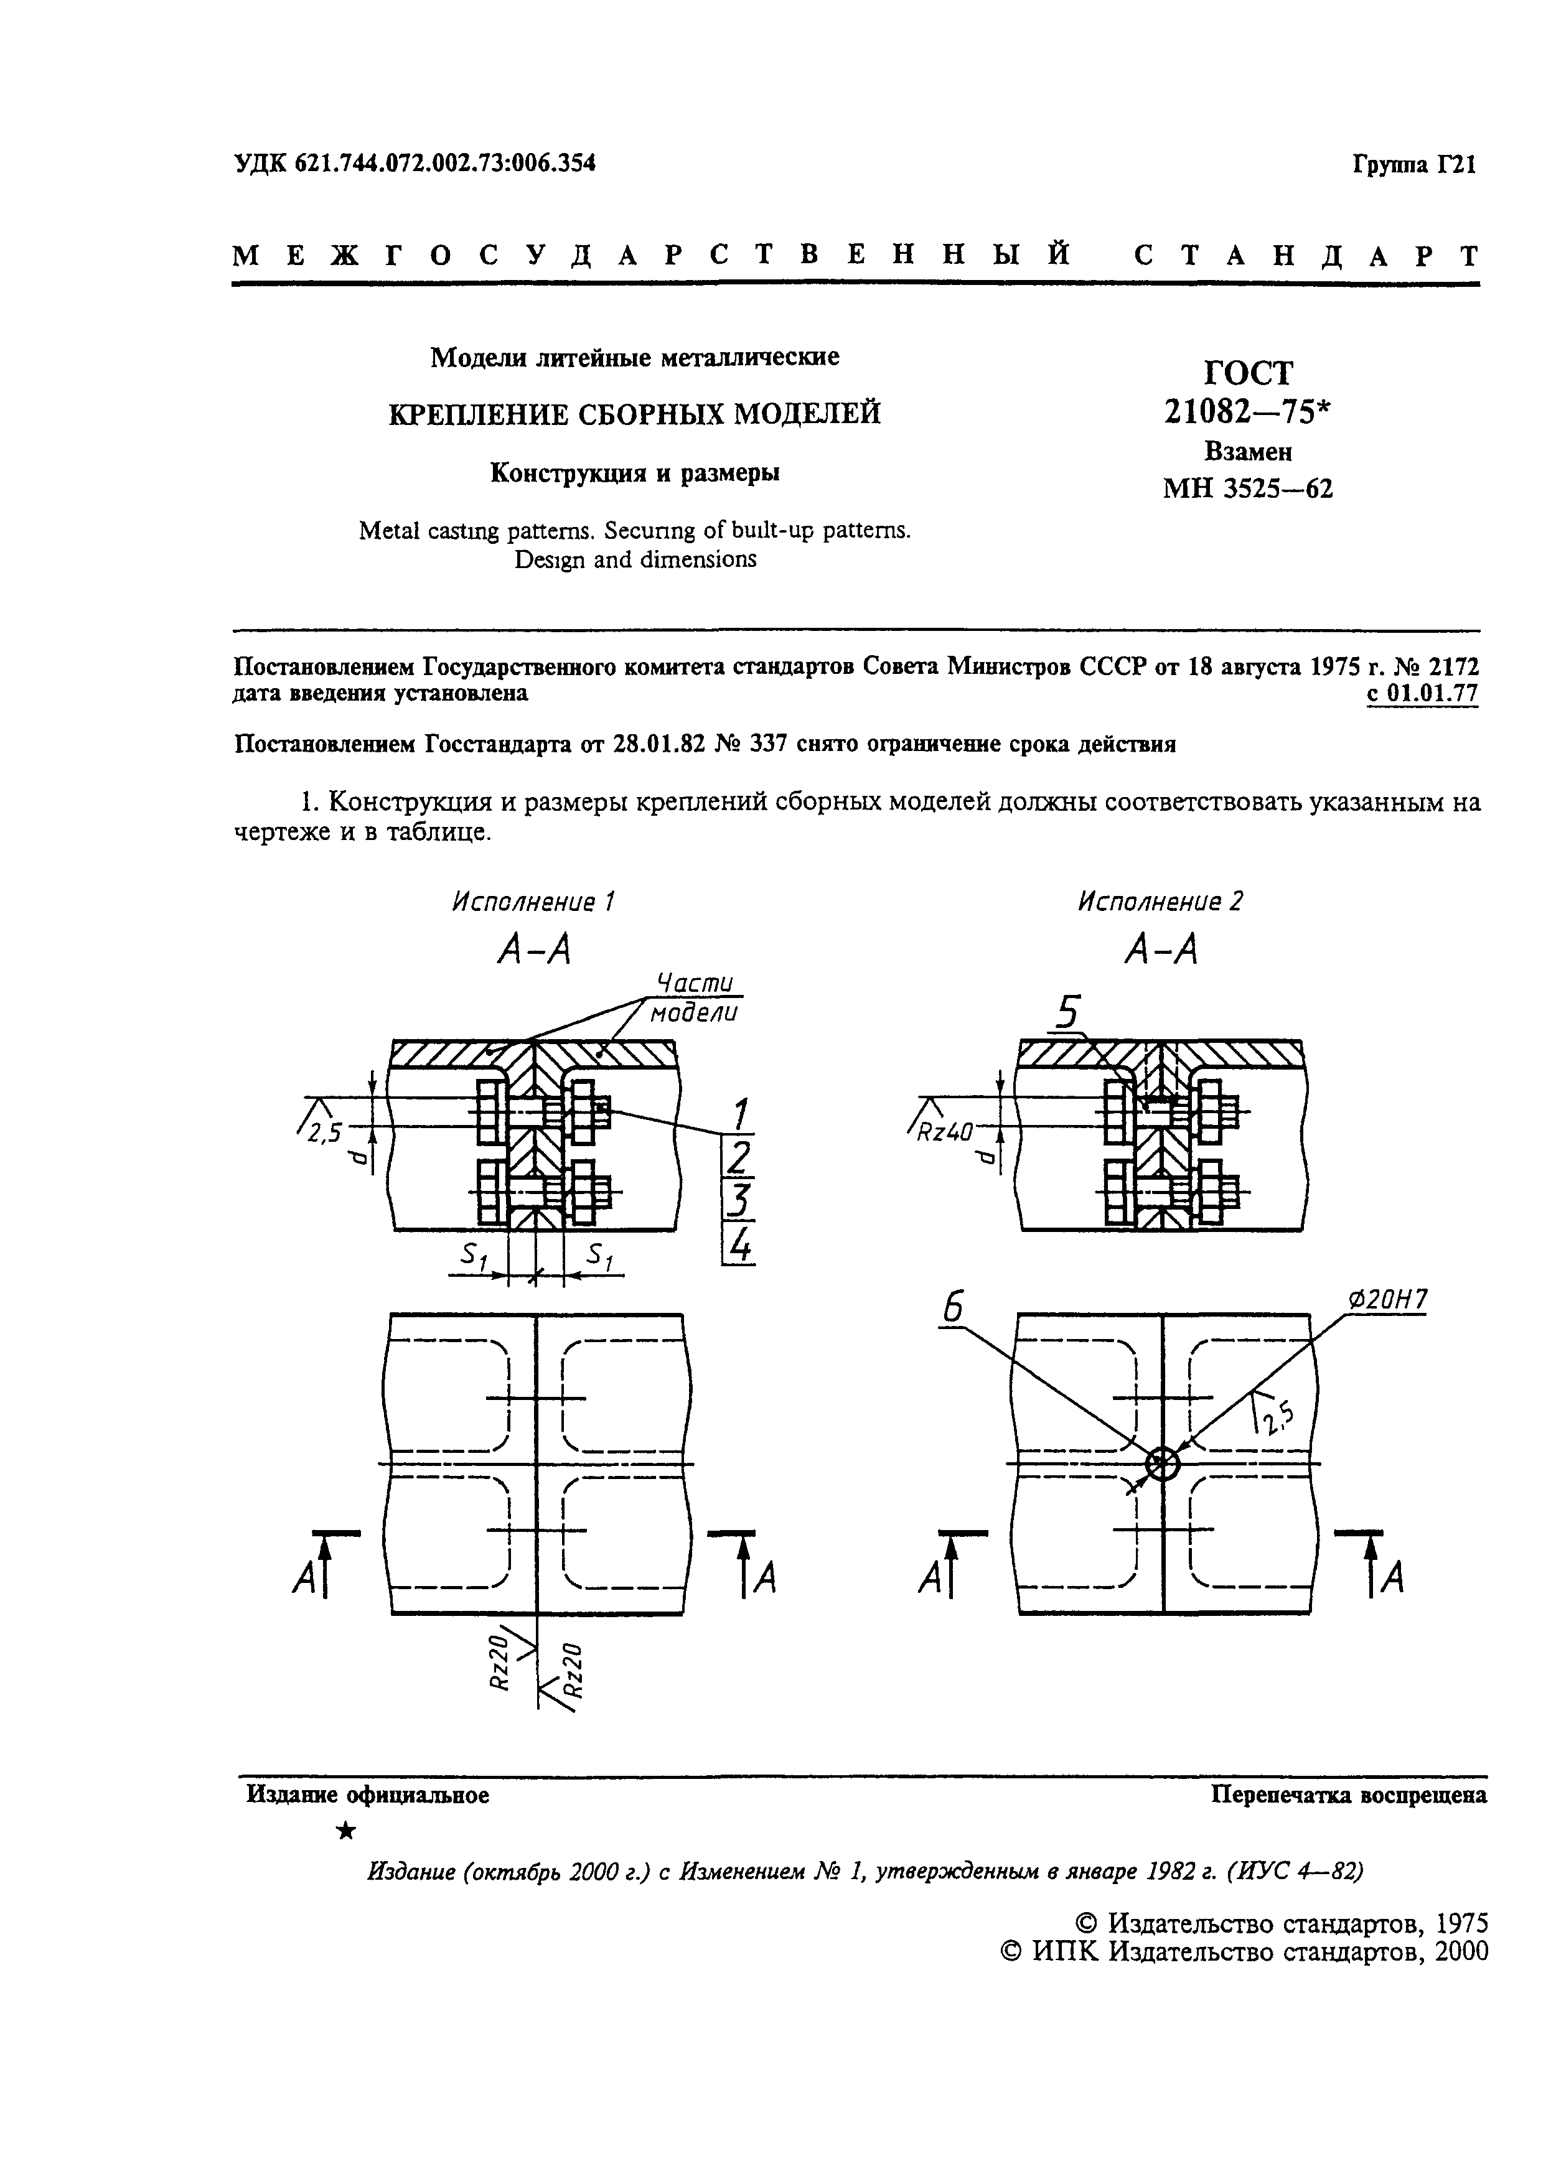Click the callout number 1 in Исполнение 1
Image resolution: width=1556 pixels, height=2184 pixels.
click(739, 1114)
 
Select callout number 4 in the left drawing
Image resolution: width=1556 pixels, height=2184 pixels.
click(739, 1244)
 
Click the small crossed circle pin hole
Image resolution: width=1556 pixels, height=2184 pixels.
click(1161, 1463)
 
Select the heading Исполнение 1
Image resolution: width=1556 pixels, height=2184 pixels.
click(532, 902)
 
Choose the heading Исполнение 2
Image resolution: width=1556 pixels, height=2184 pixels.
click(1160, 902)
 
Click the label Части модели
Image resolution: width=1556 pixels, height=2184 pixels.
click(695, 998)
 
